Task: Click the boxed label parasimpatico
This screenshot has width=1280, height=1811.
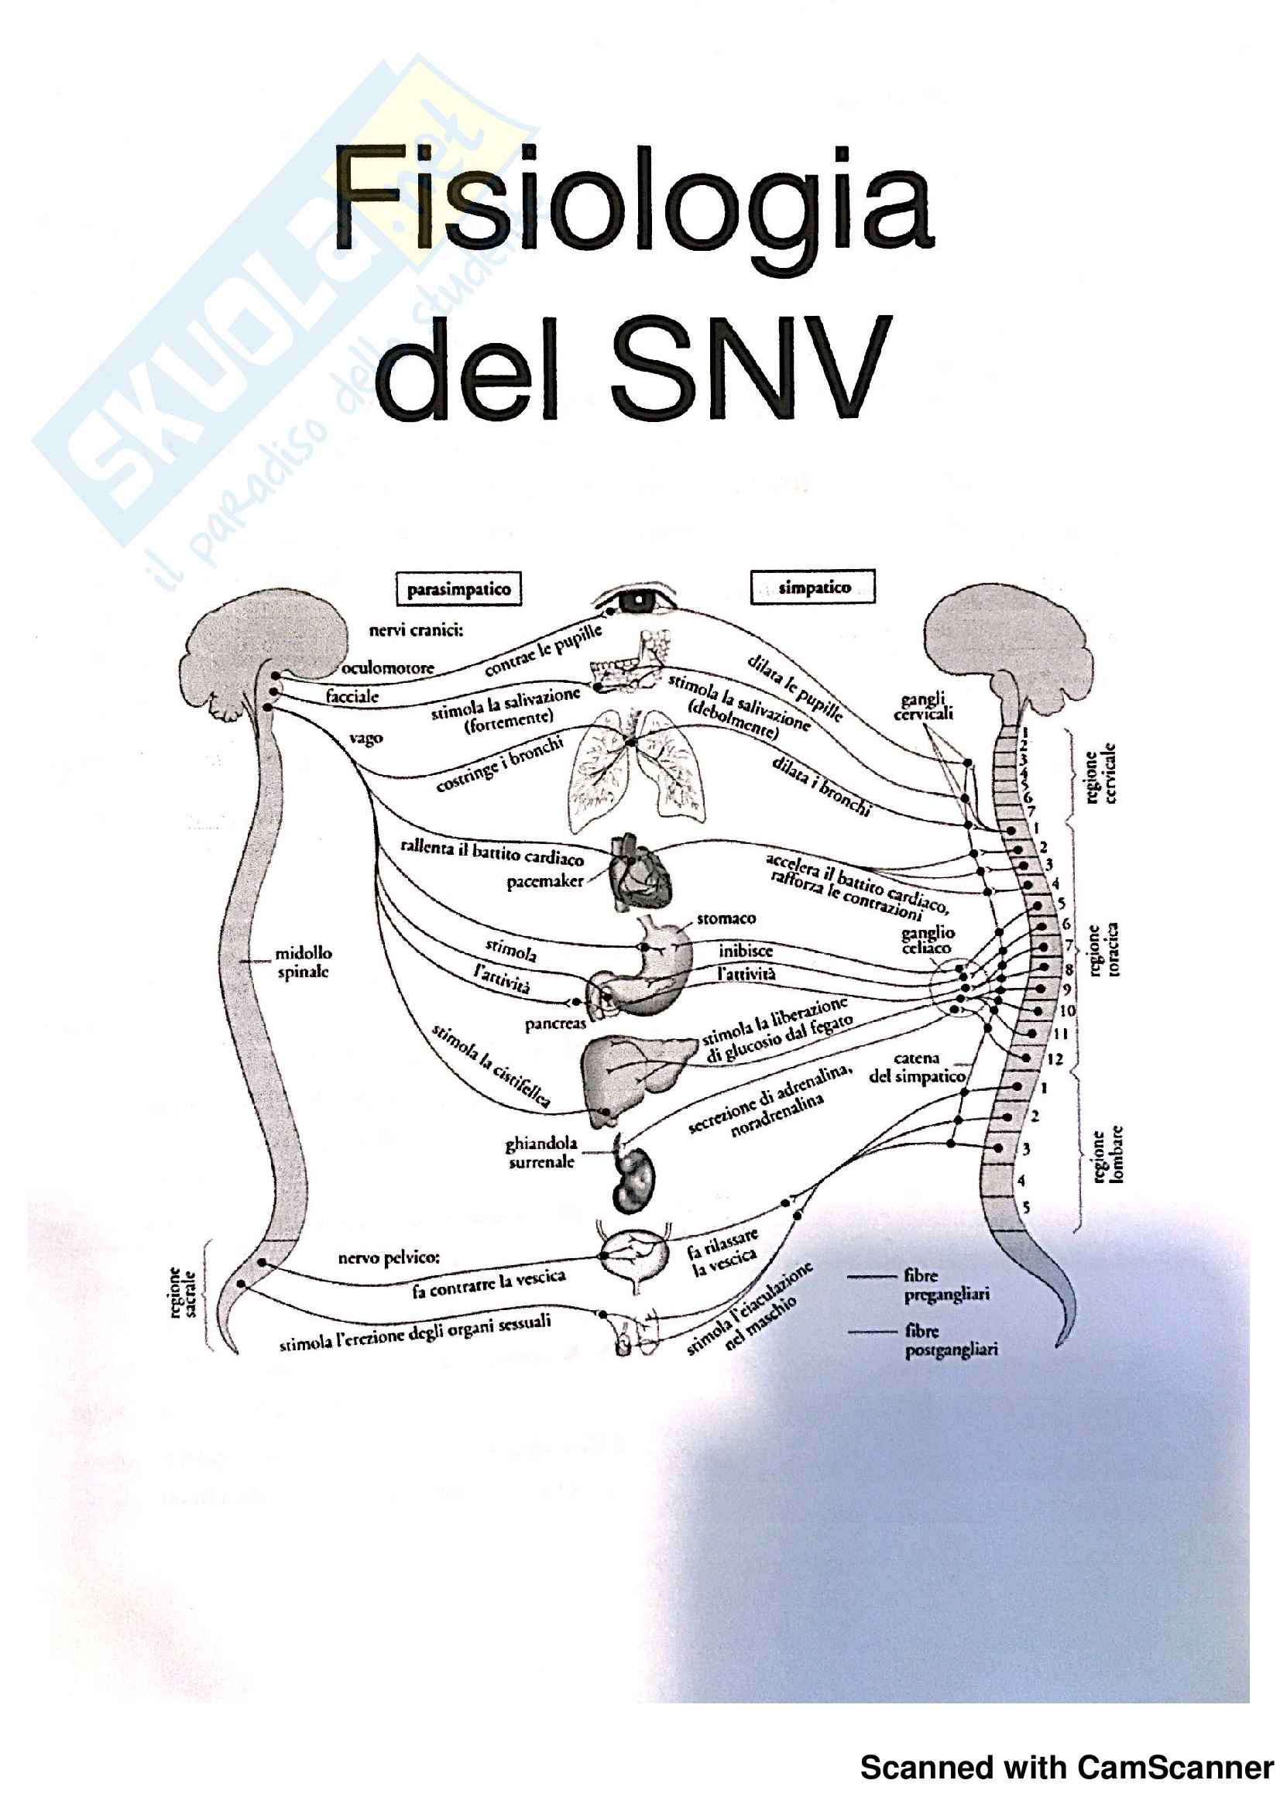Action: tap(458, 589)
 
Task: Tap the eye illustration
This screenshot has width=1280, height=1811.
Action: tap(638, 601)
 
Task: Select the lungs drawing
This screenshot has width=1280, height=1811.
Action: tap(637, 770)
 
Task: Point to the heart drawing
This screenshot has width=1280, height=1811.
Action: tap(639, 874)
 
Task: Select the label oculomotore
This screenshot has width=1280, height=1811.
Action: tap(388, 668)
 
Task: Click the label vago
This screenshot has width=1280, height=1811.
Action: tap(366, 739)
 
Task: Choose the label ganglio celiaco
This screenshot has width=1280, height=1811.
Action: tap(928, 940)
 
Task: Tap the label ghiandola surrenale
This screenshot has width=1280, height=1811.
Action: tap(541, 1152)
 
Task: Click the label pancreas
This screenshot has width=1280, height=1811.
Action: tap(555, 1024)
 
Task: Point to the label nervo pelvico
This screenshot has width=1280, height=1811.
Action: tap(389, 1257)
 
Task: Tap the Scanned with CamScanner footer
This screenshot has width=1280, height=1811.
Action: tap(1066, 1768)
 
